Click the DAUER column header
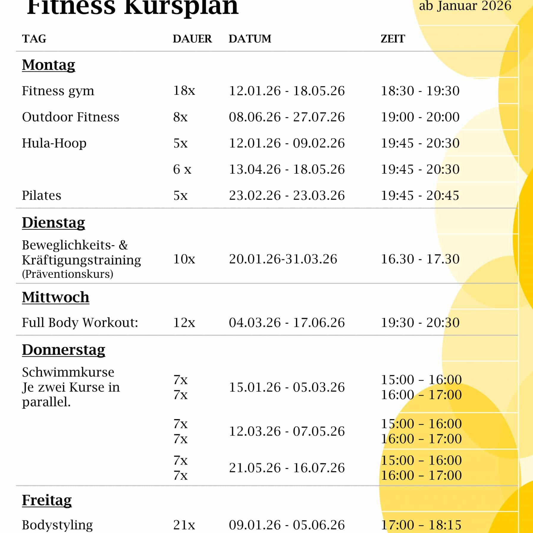click(192, 39)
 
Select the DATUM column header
click(250, 39)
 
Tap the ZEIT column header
click(393, 39)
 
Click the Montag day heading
click(48, 65)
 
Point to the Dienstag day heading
click(54, 222)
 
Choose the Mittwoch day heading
click(56, 297)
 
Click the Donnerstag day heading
click(64, 350)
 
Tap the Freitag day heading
click(47, 500)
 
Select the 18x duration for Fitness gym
click(184, 91)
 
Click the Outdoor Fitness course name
click(70, 117)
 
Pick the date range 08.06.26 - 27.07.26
click(287, 117)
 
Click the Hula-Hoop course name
click(54, 143)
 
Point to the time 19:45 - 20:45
click(420, 195)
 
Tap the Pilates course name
click(42, 195)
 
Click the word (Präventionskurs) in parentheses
click(68, 274)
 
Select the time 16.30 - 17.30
click(420, 259)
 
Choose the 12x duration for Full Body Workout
click(184, 322)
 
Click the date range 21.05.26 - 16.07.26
click(287, 468)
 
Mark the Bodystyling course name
click(57, 525)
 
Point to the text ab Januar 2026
click(465, 6)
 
